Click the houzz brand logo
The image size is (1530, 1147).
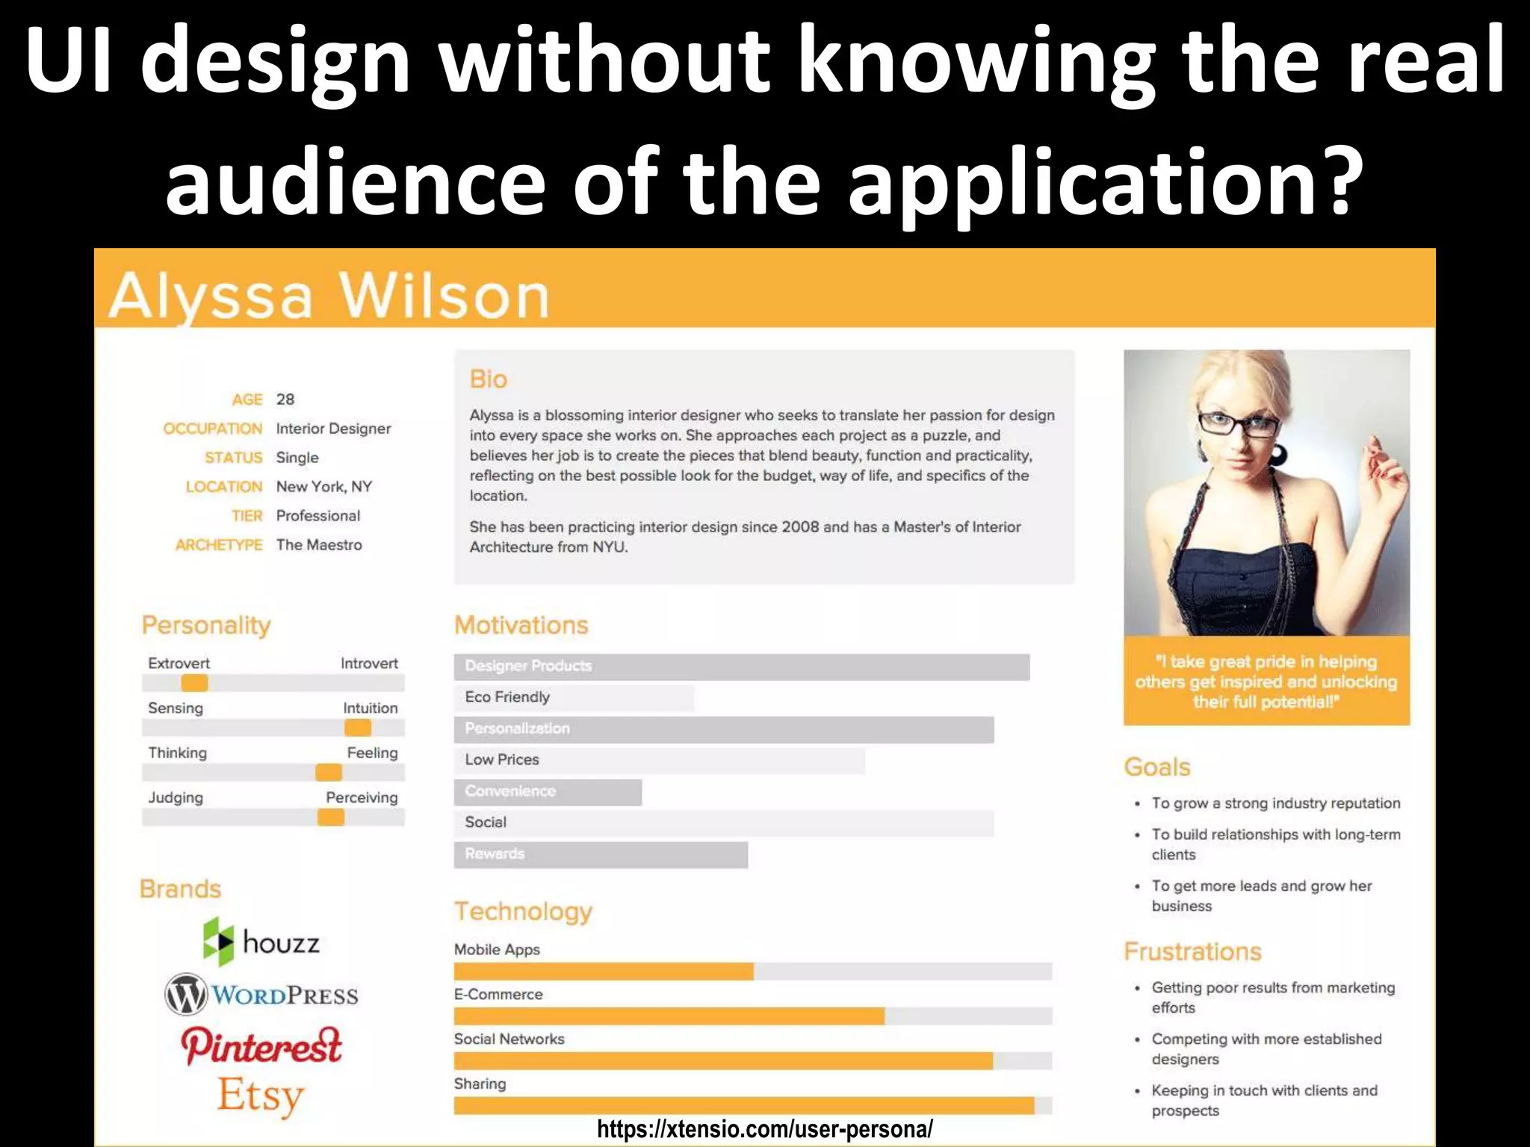(x=261, y=942)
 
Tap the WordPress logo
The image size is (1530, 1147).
(x=261, y=995)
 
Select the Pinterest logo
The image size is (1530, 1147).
(x=261, y=1045)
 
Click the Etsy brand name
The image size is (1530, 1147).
(x=261, y=1095)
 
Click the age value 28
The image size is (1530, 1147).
(x=285, y=400)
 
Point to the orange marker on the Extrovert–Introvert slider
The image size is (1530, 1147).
(x=194, y=683)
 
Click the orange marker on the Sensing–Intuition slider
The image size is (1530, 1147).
(x=358, y=727)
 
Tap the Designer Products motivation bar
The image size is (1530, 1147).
(x=741, y=666)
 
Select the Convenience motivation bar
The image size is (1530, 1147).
(x=548, y=792)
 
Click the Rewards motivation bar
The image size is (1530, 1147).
(x=601, y=854)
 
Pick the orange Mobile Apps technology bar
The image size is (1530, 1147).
(x=604, y=971)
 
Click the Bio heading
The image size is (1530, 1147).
(x=489, y=379)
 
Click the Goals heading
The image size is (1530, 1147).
(x=1157, y=767)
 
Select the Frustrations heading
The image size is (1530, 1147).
(x=1192, y=951)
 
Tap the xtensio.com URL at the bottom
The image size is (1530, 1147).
(x=765, y=1129)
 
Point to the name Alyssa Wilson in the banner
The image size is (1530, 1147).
(x=329, y=296)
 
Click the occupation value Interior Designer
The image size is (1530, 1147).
(x=333, y=429)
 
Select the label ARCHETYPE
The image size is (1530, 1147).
(x=219, y=545)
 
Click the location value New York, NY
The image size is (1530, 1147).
(x=324, y=487)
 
